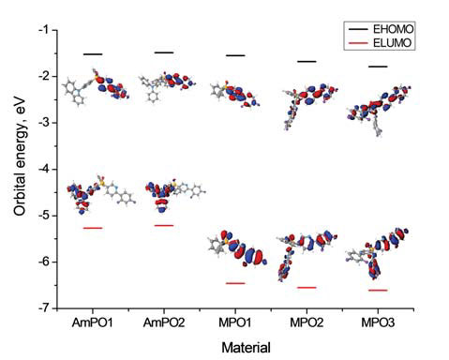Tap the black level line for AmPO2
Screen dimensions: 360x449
click(x=163, y=52)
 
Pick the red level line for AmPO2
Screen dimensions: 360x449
click(x=163, y=225)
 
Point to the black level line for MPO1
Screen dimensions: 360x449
click(x=234, y=55)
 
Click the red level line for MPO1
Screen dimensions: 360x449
click(x=234, y=282)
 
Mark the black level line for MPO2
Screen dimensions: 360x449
click(x=307, y=62)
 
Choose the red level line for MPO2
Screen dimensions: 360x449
click(x=307, y=287)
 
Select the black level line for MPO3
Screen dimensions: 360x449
click(x=378, y=67)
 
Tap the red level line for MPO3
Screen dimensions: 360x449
click(x=378, y=291)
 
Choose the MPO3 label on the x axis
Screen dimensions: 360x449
click(x=378, y=323)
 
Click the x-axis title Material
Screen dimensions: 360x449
click(x=245, y=348)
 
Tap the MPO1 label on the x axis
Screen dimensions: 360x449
click(x=234, y=323)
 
